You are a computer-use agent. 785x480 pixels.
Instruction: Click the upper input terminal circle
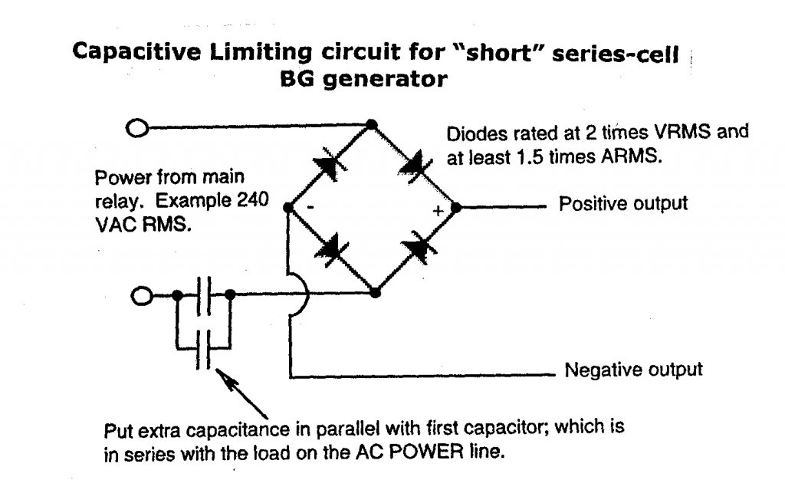(x=136, y=128)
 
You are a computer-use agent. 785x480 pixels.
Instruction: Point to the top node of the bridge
(x=373, y=124)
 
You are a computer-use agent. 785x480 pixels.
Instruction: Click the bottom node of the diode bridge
(x=375, y=292)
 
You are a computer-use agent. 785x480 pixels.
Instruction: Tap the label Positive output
(x=623, y=205)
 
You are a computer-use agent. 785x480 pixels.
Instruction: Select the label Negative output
(x=633, y=370)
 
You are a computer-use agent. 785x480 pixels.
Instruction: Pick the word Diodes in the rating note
(x=471, y=133)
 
